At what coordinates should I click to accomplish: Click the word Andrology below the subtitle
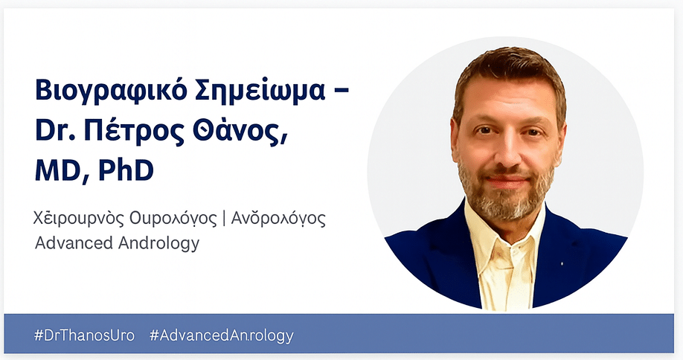162,244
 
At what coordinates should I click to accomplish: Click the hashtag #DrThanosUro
85,335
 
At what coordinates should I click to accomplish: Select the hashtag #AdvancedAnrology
222,335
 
